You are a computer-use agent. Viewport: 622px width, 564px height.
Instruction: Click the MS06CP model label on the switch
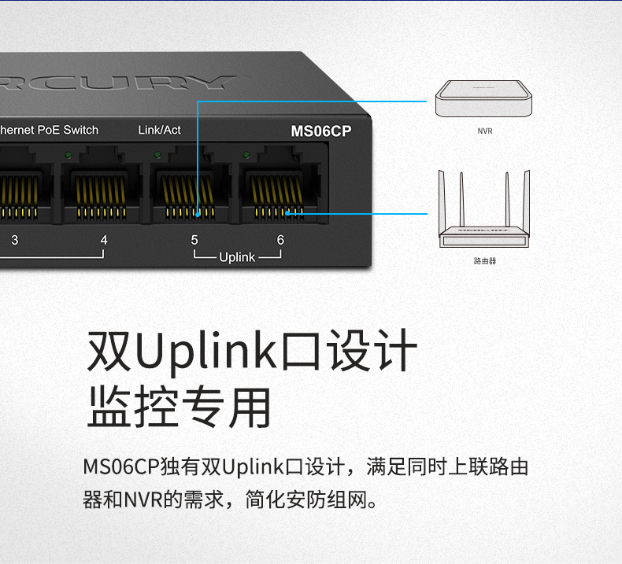320,131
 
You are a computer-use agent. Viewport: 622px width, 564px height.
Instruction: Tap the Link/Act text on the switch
159,130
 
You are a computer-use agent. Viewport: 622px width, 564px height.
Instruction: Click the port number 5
194,240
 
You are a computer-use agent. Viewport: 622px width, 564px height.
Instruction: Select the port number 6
280,240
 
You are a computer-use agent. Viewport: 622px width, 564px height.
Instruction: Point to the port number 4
103,240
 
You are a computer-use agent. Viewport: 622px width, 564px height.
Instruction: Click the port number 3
14,240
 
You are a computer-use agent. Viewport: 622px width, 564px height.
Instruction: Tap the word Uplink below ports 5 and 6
237,257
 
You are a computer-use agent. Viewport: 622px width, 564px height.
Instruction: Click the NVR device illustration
485,98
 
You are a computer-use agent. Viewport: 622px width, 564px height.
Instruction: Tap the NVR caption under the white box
485,131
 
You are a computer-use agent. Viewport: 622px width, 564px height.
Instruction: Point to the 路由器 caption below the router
485,260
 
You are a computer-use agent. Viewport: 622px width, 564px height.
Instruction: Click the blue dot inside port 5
196,212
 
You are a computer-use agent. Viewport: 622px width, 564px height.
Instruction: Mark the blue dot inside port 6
287,212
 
